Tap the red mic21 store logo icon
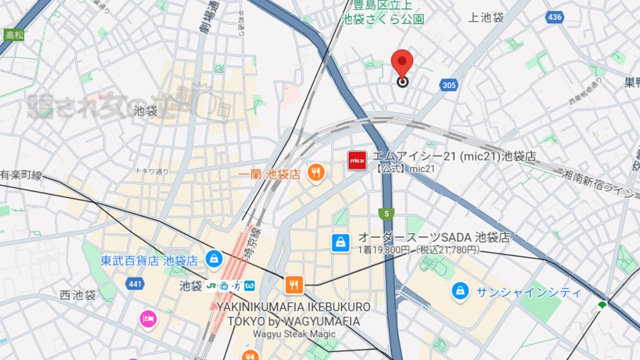point(357,160)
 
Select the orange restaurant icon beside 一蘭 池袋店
point(316,172)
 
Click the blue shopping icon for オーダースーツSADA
point(340,243)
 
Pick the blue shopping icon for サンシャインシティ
point(459,291)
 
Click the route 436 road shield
point(555,17)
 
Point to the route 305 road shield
point(449,84)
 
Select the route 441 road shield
point(135,284)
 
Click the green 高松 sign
point(11,36)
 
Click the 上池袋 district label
point(485,18)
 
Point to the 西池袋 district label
point(77,295)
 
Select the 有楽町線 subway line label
point(21,175)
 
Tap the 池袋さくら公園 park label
point(382,19)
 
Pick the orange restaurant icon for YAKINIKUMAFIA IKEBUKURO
point(294,285)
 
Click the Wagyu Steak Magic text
point(294,334)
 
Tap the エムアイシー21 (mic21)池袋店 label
point(454,156)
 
